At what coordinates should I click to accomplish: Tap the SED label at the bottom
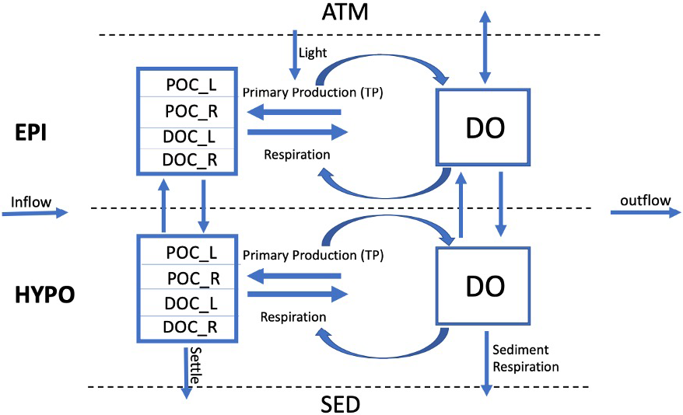coord(340,403)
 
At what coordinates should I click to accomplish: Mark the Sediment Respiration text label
coord(526,357)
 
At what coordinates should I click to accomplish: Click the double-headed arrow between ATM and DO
coord(485,47)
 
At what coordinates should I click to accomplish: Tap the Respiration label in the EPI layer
coord(296,155)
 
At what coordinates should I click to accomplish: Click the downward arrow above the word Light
coord(294,54)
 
